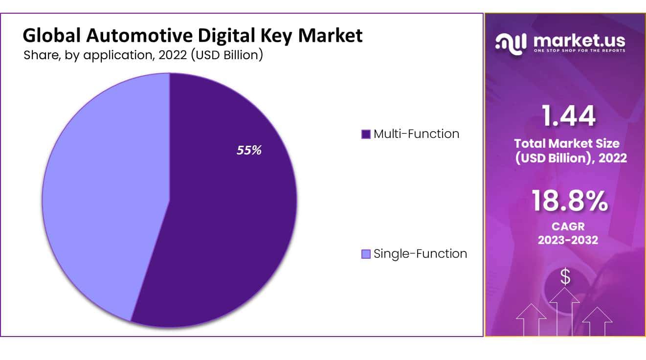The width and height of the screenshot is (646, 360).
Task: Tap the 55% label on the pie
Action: click(x=249, y=151)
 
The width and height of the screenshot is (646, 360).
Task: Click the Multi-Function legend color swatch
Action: click(x=365, y=135)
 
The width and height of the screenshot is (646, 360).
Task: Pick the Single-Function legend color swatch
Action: click(x=365, y=254)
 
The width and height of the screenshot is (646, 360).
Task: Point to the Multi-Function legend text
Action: click(x=416, y=134)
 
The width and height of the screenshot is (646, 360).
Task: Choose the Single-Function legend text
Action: click(x=420, y=254)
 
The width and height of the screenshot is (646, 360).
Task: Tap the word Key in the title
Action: click(x=284, y=36)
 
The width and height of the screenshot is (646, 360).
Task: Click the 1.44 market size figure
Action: click(x=568, y=116)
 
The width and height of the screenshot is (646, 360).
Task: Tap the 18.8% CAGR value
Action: click(x=569, y=201)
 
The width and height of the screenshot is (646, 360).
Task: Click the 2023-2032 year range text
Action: click(x=568, y=240)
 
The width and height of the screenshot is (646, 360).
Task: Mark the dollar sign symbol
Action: click(x=565, y=277)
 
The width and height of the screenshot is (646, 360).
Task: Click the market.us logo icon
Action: click(x=511, y=43)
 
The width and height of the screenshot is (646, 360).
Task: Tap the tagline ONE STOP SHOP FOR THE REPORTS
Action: click(x=579, y=50)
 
